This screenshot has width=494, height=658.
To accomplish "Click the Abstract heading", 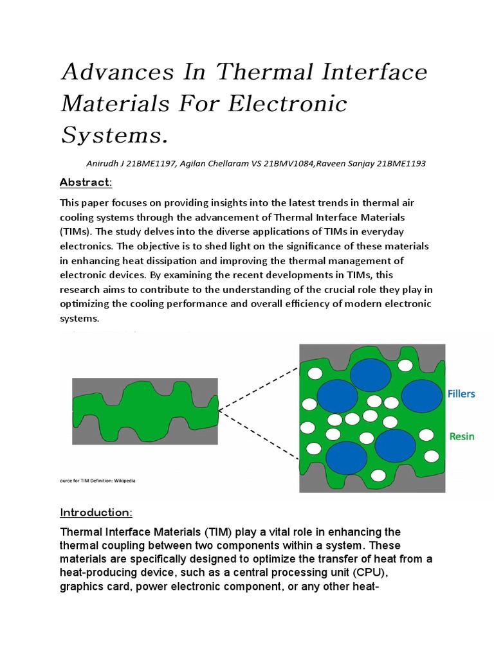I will [x=86, y=182].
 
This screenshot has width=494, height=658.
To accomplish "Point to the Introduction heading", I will [x=96, y=512].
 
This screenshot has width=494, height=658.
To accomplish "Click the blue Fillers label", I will [x=461, y=394].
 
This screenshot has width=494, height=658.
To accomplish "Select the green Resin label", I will [x=461, y=436].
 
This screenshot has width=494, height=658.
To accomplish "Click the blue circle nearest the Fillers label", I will [x=422, y=396].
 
